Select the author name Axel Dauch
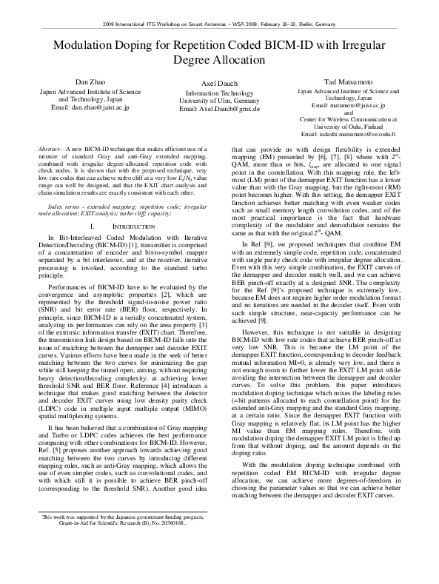pyautogui.click(x=218, y=84)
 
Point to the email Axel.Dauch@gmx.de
pyautogui.click(x=218, y=108)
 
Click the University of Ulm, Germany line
pyautogui.click(x=218, y=101)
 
